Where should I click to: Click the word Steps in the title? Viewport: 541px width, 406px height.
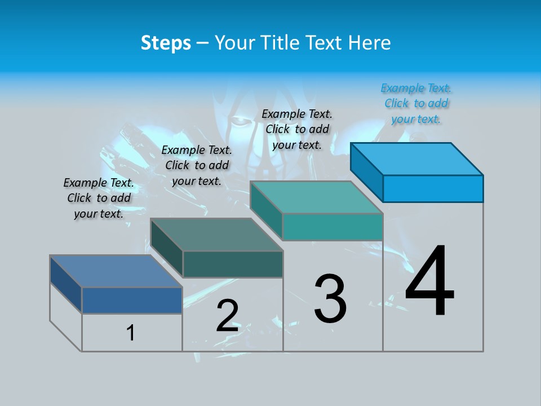pos(166,43)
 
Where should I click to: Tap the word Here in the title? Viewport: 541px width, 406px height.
pos(369,43)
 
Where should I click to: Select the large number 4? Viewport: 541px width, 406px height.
pos(429,282)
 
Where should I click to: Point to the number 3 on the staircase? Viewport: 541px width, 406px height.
pos(330,299)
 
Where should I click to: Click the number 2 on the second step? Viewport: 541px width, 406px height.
pos(228,316)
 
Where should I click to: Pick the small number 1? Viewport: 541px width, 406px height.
pos(131,333)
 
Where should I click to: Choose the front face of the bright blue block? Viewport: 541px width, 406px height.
pos(433,188)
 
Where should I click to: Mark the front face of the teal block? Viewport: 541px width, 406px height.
pos(332,227)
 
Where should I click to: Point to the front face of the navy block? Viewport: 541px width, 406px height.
pos(132,300)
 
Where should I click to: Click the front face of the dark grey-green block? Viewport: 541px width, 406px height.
pos(233,264)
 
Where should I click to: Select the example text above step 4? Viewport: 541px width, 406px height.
pos(416,104)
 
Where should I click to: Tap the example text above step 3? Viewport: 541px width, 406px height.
pos(298,129)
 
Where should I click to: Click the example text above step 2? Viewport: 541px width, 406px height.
pos(197,165)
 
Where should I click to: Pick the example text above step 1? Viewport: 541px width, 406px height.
pos(99,198)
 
